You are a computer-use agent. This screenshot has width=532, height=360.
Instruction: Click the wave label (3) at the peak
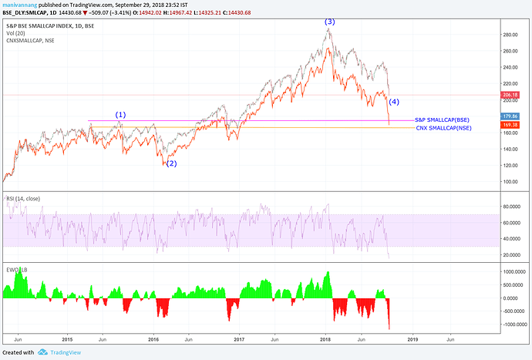click(x=329, y=22)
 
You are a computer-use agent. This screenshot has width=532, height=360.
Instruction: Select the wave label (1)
click(x=120, y=115)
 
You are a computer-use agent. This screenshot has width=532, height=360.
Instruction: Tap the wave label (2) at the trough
click(x=172, y=163)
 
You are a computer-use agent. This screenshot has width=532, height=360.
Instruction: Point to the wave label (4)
click(x=394, y=102)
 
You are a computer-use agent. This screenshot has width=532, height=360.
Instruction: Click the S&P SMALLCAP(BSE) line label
click(x=442, y=120)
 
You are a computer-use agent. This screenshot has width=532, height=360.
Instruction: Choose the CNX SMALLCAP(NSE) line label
click(x=443, y=128)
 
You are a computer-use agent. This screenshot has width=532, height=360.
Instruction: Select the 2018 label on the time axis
click(x=325, y=338)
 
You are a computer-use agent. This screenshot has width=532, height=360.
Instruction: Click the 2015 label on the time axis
click(x=67, y=338)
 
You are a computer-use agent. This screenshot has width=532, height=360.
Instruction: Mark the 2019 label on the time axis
click(x=412, y=338)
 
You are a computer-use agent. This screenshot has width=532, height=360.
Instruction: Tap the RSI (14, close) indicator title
click(x=22, y=198)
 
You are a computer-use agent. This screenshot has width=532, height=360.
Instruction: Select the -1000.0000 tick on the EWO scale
click(x=513, y=325)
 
